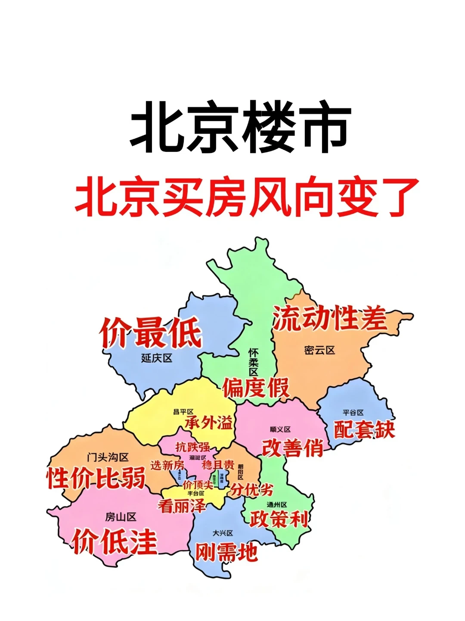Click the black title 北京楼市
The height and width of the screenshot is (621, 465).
(x=241, y=127)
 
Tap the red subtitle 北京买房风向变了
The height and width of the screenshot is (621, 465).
(x=247, y=198)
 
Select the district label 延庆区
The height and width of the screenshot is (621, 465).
(x=157, y=358)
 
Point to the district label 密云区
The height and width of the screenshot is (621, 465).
(x=319, y=350)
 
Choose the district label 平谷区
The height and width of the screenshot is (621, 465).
(x=353, y=413)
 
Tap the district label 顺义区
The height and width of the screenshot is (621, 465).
(x=280, y=430)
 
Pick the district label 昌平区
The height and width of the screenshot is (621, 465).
(x=183, y=412)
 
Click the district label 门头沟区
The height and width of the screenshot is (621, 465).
(x=108, y=457)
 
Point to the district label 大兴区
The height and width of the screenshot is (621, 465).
(x=223, y=533)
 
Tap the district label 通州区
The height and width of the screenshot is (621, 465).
(x=277, y=505)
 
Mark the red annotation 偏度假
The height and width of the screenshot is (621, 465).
(x=256, y=387)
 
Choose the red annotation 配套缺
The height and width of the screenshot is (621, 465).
(x=364, y=429)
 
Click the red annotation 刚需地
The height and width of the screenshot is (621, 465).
(x=226, y=552)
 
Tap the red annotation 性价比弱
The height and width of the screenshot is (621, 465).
(x=96, y=478)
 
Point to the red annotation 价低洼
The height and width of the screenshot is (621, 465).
(x=115, y=542)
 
